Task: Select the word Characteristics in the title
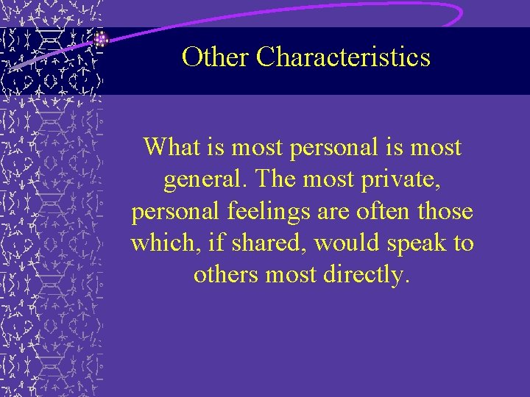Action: coord(342,57)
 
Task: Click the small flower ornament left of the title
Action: coord(102,39)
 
